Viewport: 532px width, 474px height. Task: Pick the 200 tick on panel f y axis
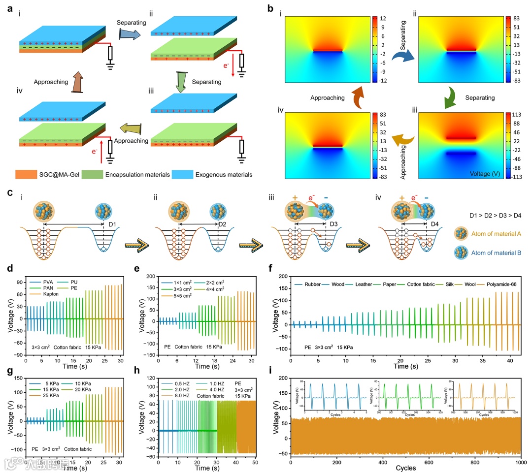pos(281,277)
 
